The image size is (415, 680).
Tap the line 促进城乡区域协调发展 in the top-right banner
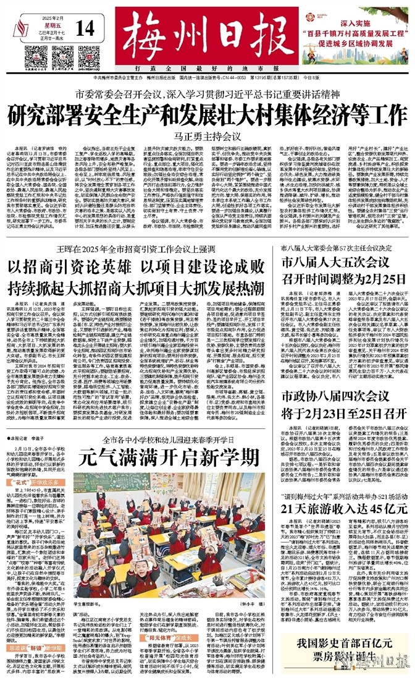pyautogui.click(x=364, y=46)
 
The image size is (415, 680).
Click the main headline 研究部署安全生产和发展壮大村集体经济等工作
pyautogui.click(x=207, y=116)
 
